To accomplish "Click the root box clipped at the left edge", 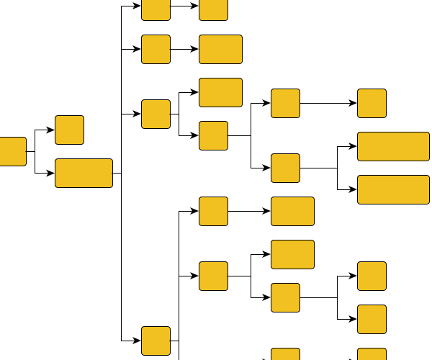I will (12, 151).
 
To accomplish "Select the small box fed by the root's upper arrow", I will (69, 130).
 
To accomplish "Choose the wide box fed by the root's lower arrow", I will (84, 173).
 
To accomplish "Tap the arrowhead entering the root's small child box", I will (51, 130).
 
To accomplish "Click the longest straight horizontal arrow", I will (328, 103).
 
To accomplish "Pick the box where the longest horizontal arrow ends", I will (372, 103).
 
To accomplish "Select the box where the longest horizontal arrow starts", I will (285, 103).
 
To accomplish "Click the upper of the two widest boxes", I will (393, 146).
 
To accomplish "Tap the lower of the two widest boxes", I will (393, 189).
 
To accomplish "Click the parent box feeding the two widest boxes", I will (285, 168).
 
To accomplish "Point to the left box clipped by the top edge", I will (156, 9).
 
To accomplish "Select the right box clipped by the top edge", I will (213, 9).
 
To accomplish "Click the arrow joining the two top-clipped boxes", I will (184, 6).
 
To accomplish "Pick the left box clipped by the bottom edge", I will (285, 354).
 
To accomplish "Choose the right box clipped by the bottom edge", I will (372, 354).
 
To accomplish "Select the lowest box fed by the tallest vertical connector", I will (156, 341).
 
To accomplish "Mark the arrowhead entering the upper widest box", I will (354, 146).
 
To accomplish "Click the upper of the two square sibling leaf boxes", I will (372, 276).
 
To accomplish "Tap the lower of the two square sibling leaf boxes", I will (372, 319).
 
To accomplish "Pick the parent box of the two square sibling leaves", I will (285, 297).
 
